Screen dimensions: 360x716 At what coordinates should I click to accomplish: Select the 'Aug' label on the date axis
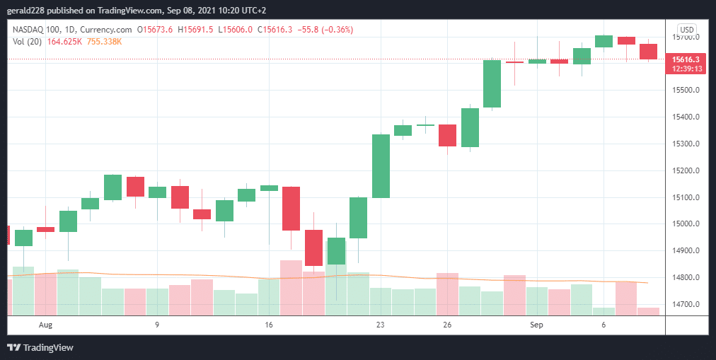(46, 325)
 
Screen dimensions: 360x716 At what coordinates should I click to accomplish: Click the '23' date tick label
(380, 325)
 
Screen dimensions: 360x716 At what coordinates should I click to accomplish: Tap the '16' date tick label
(268, 325)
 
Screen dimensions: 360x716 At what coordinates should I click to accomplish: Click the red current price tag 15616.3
(686, 59)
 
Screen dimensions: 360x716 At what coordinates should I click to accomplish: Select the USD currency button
(686, 29)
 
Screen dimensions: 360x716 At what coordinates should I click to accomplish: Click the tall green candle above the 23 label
(381, 166)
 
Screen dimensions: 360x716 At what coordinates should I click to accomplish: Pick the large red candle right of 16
(291, 208)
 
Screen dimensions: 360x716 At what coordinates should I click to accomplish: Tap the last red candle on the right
(648, 52)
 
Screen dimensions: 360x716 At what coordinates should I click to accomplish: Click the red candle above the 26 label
(447, 135)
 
